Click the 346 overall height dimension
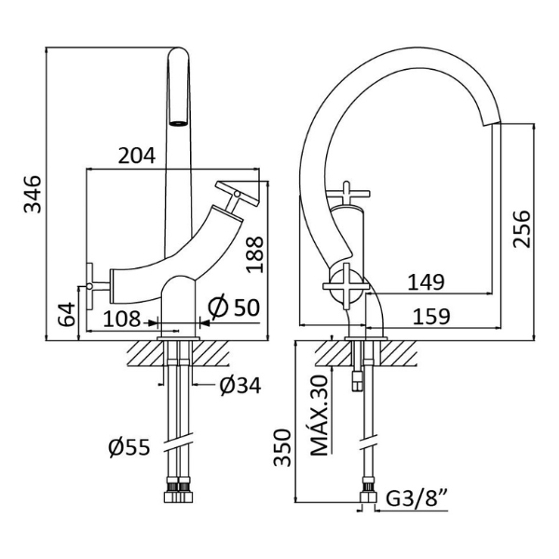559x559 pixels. point(33,194)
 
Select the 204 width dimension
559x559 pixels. point(137,156)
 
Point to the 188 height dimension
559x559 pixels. point(255,254)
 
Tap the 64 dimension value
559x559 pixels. point(66,314)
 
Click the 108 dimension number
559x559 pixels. point(121,319)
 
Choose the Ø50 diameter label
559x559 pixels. point(234,307)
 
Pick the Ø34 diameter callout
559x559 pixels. point(240,386)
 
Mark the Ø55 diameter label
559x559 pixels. point(130,447)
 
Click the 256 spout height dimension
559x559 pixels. point(522,229)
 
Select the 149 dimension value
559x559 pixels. point(426,282)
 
